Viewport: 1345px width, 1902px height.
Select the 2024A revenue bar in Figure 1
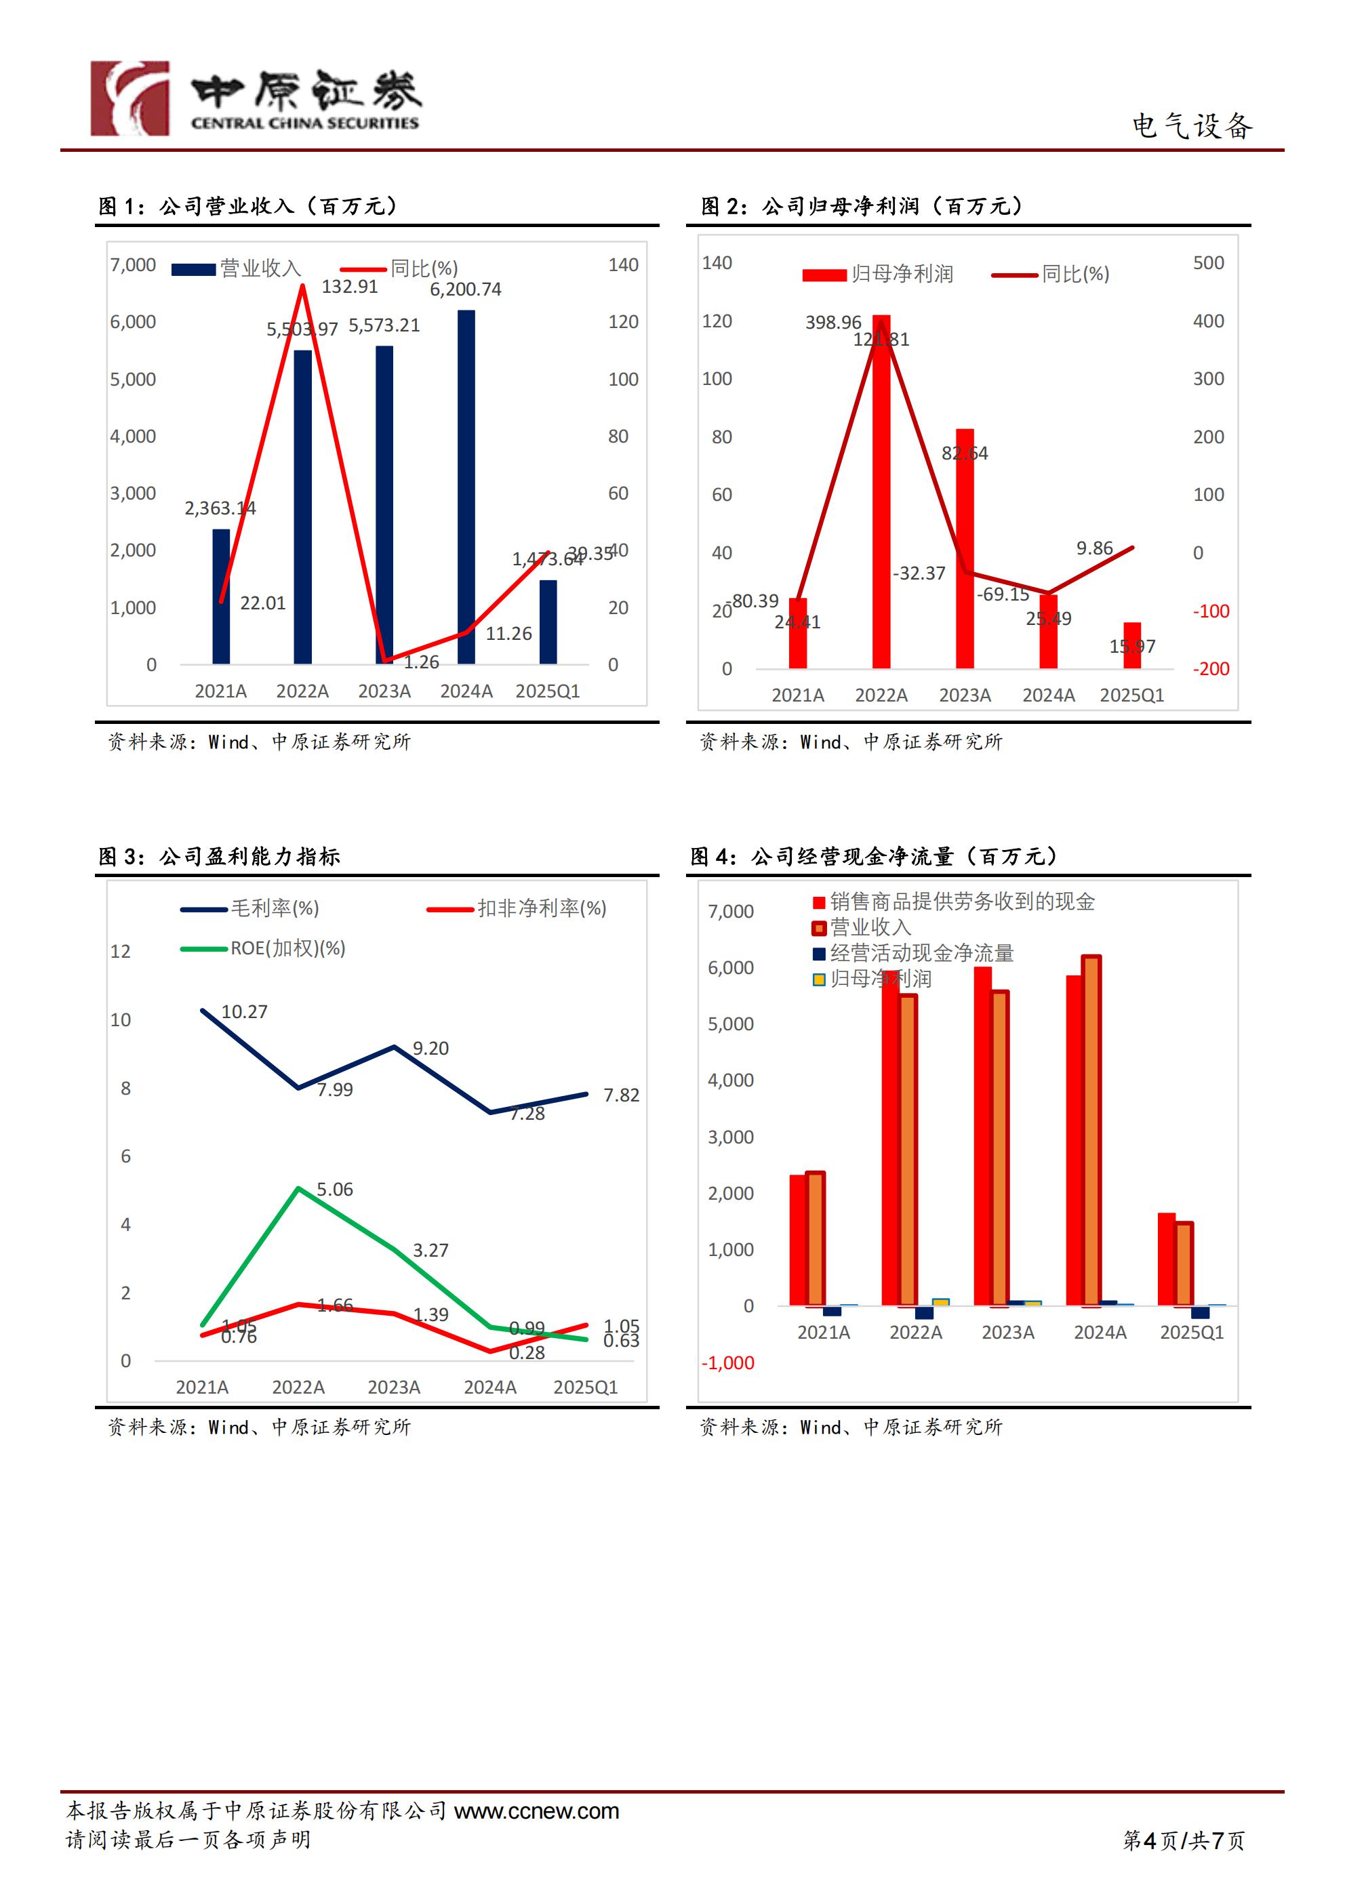(466, 487)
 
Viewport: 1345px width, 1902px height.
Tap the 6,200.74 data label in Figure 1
(465, 289)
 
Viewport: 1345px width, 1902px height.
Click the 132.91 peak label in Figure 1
(349, 287)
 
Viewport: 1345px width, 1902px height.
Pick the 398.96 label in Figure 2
(833, 322)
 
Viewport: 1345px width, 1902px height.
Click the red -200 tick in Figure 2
(1211, 668)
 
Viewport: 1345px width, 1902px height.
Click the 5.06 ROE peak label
(335, 1190)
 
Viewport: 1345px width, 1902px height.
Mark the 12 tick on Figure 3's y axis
(120, 951)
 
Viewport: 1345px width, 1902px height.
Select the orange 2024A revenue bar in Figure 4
(1091, 1131)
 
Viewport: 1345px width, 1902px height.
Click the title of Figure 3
(219, 857)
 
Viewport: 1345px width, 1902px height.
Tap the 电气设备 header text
(1192, 126)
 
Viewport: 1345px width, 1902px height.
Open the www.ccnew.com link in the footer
(536, 1811)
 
